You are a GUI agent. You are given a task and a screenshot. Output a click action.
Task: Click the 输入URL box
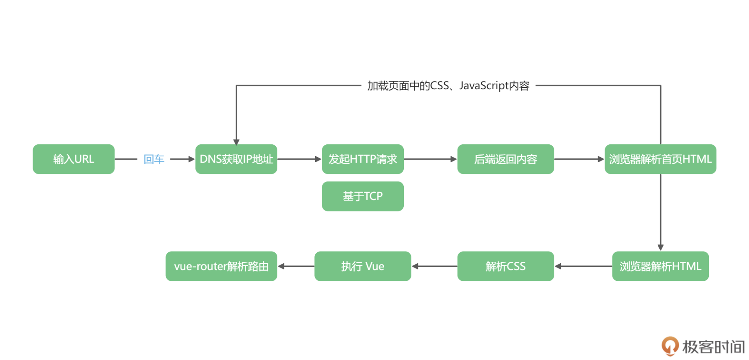74,159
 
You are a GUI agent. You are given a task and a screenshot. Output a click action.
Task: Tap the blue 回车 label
154,159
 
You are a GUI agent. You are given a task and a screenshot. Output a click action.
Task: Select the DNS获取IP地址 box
236,159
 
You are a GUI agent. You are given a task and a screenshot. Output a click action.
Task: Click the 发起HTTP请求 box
363,159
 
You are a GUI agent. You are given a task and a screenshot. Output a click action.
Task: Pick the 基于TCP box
363,196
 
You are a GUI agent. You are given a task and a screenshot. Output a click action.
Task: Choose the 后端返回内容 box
506,159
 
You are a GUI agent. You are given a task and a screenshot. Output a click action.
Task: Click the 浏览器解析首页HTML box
660,159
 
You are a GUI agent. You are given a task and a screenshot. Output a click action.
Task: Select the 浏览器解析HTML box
660,266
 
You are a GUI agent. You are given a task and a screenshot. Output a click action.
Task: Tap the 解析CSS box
506,266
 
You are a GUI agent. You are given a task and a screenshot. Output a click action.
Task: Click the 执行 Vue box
363,266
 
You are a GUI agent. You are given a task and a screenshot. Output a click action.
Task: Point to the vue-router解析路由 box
222,266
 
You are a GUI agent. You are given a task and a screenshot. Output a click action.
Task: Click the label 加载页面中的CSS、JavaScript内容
448,86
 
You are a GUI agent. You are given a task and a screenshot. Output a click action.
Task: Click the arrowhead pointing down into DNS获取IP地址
236,142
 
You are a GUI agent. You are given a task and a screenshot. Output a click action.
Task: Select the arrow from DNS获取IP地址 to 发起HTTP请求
299,159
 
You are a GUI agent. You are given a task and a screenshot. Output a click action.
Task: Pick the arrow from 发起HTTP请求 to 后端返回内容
430,159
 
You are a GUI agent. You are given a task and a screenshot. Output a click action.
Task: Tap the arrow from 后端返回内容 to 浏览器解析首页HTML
579,159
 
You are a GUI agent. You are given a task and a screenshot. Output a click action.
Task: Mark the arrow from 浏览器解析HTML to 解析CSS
583,266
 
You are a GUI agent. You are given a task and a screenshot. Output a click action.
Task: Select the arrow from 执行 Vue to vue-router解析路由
296,266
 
